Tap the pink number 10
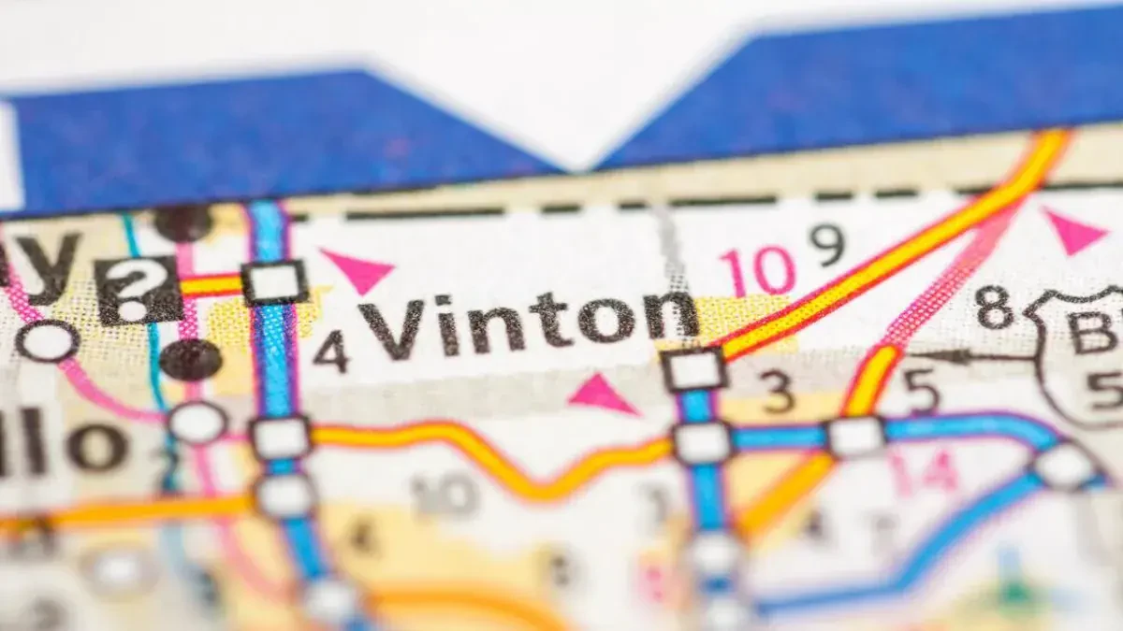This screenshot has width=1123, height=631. coord(757,272)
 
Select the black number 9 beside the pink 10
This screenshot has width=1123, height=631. coord(827,246)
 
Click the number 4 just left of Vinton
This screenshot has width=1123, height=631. coord(330,351)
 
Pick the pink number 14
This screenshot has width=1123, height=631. coord(924,471)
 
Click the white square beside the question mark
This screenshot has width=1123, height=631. coord(274,282)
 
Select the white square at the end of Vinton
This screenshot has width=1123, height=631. coord(693,369)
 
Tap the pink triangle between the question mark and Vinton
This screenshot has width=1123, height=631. coord(358,269)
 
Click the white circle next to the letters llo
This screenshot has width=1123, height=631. coord(197,423)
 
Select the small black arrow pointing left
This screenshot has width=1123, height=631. coord(945,356)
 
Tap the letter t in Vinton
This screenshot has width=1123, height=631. coord(553,323)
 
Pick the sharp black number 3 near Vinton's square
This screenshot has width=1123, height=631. coord(778,394)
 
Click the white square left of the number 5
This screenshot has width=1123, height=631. coord(855,437)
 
